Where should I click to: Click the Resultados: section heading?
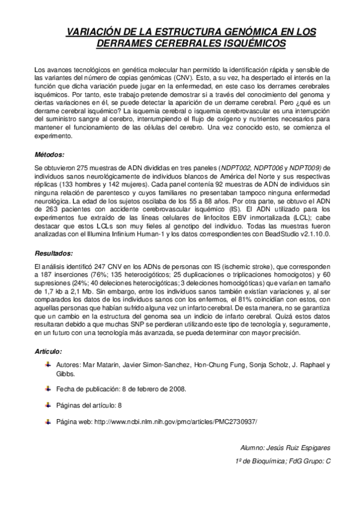(53, 254)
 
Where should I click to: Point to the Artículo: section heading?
(49, 351)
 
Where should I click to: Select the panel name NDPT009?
(306, 167)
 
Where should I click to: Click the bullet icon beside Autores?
(48, 364)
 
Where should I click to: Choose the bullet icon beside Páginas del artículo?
(48, 405)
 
